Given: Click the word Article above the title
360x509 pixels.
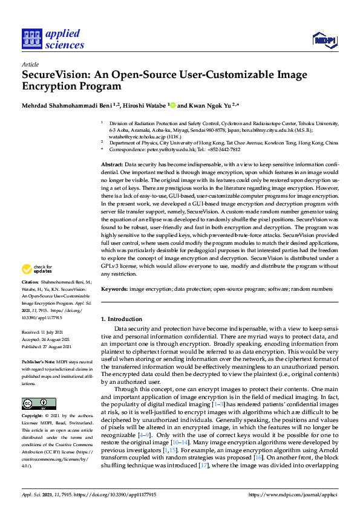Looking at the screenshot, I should pyautogui.click(x=30, y=64).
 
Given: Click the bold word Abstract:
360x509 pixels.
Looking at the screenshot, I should pyautogui.click(x=111, y=164).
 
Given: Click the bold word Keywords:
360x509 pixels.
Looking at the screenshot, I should pyautogui.click(x=114, y=290).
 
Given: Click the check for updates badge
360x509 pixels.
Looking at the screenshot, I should pyautogui.click(x=36, y=269).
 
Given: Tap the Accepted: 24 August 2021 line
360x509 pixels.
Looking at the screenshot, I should pyautogui.click(x=47, y=339).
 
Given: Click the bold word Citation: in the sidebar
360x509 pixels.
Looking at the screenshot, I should pyautogui.click(x=30, y=282).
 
